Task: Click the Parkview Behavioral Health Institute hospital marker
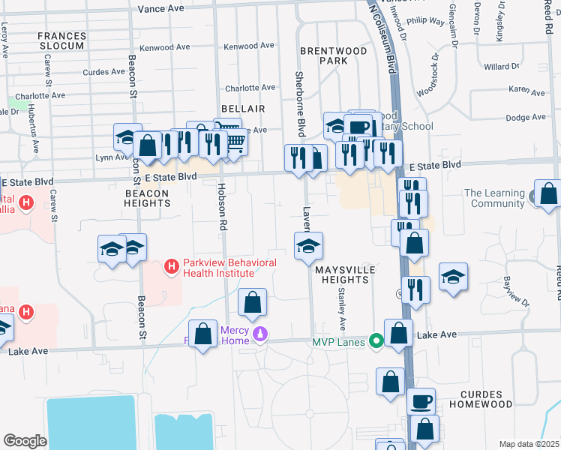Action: pos(172,266)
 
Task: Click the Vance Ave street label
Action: pos(161,8)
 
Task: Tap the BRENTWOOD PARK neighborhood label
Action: pos(334,55)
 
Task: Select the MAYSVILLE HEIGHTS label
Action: pos(342,274)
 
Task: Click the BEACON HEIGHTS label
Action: pos(147,198)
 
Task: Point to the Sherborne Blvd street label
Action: pos(300,103)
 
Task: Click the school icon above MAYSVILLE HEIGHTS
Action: pos(308,246)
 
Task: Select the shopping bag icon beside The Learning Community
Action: pos(549,193)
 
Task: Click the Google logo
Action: pos(25,440)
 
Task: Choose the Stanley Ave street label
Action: pos(341,309)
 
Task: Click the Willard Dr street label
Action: pos(502,67)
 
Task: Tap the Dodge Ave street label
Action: pos(525,118)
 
